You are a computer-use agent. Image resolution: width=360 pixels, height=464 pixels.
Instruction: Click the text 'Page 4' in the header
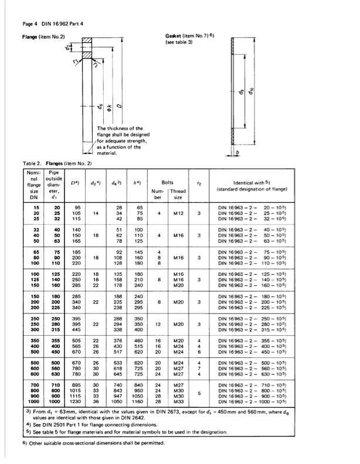[x=30, y=24]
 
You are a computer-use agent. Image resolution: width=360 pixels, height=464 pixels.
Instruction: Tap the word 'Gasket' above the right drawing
[x=176, y=36]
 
